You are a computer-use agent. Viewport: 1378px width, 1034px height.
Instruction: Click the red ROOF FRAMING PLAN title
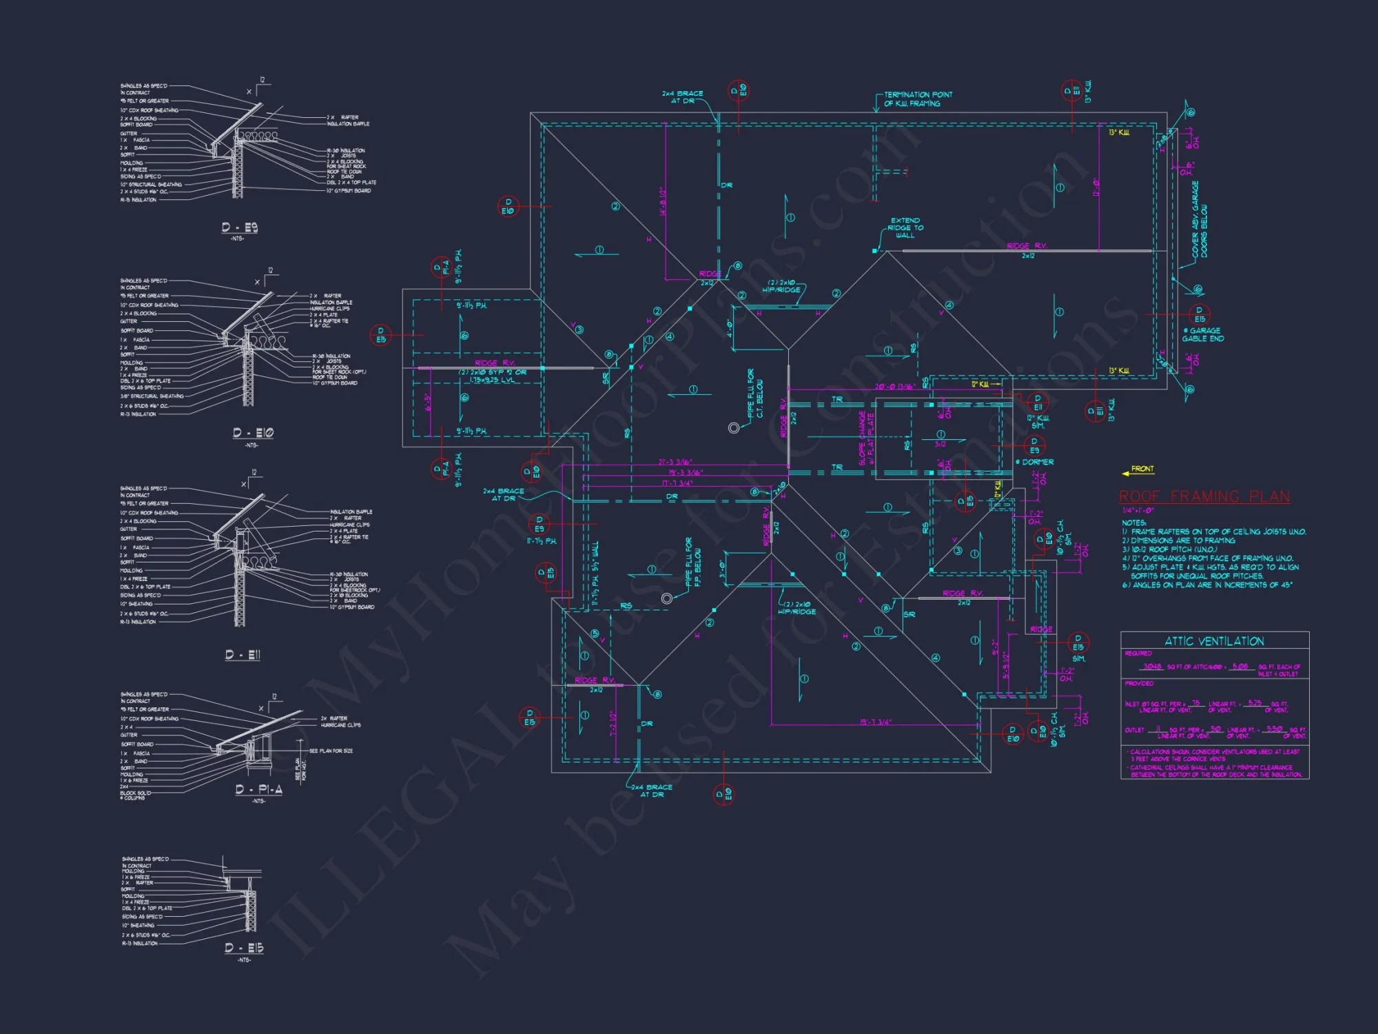[1204, 496]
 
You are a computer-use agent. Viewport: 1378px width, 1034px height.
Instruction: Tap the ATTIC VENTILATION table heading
[1214, 641]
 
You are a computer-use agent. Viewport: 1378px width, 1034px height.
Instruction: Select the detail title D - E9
[239, 227]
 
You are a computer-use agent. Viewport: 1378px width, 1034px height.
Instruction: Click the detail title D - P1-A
[258, 789]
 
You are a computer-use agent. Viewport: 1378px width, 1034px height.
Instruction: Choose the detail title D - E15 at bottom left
[244, 948]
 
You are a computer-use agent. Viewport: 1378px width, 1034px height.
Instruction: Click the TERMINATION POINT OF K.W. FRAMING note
[917, 99]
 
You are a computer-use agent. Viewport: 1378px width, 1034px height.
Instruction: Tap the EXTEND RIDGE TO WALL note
[905, 228]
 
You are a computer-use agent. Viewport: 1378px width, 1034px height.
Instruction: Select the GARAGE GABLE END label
[1203, 334]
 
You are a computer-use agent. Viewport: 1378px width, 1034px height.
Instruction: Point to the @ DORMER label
[1035, 462]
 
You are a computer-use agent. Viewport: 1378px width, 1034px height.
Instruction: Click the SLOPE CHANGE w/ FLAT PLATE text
[866, 438]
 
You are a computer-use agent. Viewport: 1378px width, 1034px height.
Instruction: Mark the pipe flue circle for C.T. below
[734, 428]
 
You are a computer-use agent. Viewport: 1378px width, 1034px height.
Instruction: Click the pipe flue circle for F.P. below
[666, 598]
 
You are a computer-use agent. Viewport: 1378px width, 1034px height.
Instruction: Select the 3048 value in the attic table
[1152, 667]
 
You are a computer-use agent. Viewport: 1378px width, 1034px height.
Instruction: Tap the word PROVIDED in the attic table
[1139, 683]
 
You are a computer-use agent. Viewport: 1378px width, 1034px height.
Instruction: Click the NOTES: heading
[1133, 523]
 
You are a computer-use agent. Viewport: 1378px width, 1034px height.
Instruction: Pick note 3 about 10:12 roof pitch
[1169, 549]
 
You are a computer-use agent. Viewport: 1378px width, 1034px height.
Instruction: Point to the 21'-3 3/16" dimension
[675, 462]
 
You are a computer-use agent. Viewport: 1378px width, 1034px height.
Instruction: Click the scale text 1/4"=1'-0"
[1138, 510]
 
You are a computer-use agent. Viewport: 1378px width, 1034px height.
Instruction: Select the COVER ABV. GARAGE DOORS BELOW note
[1200, 219]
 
